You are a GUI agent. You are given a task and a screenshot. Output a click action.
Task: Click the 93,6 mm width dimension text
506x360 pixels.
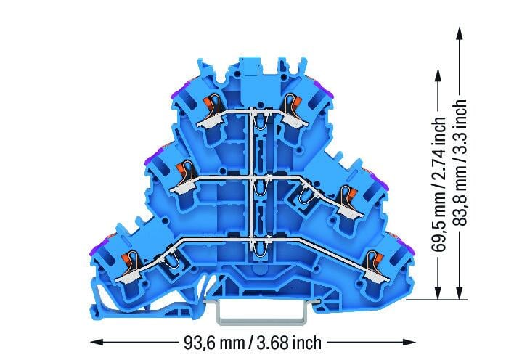tap(214, 343)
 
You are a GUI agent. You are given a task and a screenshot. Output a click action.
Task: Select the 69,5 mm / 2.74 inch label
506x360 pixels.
tap(438, 184)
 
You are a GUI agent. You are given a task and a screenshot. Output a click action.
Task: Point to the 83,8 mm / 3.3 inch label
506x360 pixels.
tap(459, 163)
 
